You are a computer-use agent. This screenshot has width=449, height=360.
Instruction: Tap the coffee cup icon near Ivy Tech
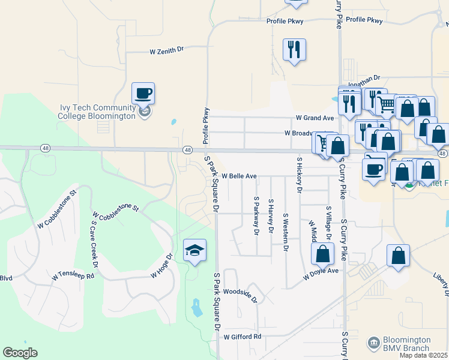pyautogui.click(x=143, y=94)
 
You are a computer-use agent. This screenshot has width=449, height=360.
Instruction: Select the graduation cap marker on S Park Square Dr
pyautogui.click(x=194, y=250)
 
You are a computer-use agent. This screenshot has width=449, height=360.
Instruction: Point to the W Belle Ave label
pyautogui.click(x=239, y=176)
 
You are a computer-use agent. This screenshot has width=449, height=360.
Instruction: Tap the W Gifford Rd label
pyautogui.click(x=243, y=337)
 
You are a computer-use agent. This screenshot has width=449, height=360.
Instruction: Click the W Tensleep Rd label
pyautogui.click(x=73, y=277)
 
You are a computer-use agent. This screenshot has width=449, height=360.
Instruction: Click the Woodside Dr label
pyautogui.click(x=240, y=296)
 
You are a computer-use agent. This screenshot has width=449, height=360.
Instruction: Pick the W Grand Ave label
pyautogui.click(x=315, y=118)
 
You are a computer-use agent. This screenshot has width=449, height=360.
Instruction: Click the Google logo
pyautogui.click(x=20, y=352)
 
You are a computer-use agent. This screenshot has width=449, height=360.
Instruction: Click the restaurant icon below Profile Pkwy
pyautogui.click(x=294, y=50)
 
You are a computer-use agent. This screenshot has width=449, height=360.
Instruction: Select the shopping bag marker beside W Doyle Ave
pyautogui.click(x=323, y=254)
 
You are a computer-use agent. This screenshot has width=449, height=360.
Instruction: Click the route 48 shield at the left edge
pyautogui.click(x=46, y=148)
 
